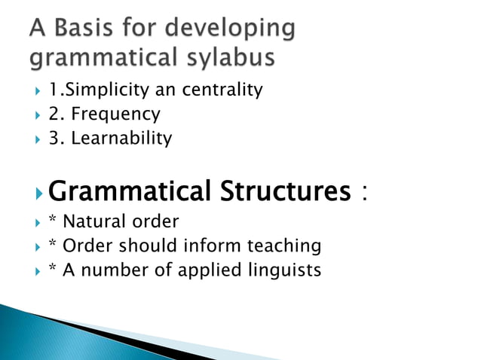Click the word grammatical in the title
(102, 58)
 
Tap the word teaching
(290, 247)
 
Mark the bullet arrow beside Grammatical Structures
(39, 194)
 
